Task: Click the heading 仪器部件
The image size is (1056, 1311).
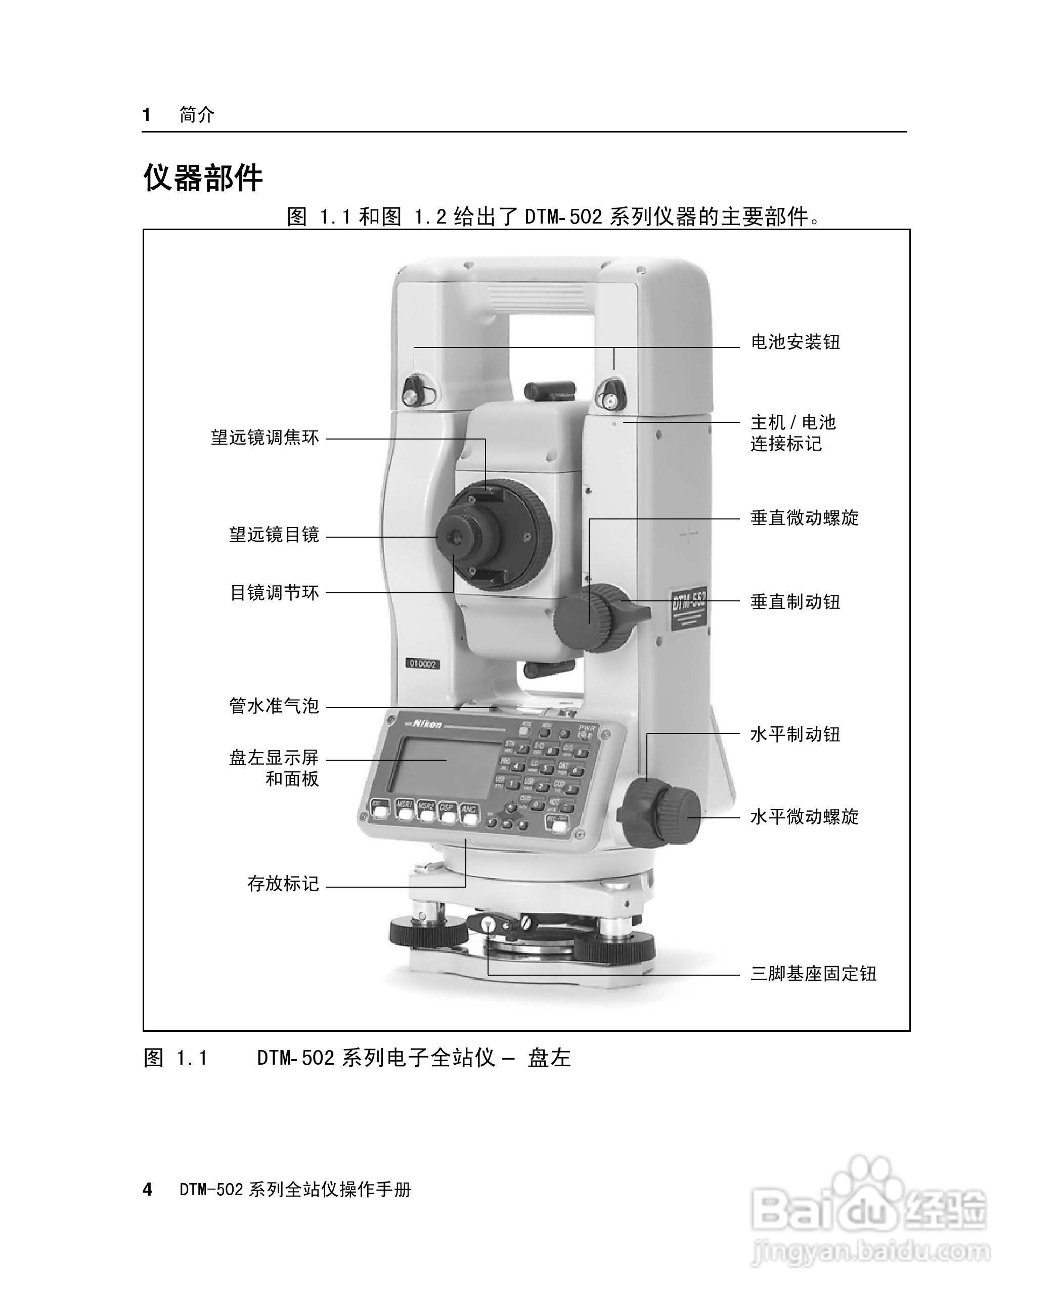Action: (x=203, y=178)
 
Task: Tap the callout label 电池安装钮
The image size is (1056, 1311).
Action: (x=795, y=342)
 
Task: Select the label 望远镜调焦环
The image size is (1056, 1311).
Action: (x=265, y=438)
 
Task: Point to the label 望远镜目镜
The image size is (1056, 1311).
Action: (x=274, y=535)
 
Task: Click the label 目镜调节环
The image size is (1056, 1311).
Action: (x=274, y=593)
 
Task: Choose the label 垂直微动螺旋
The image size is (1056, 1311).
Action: (x=804, y=518)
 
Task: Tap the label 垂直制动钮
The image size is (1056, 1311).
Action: (x=795, y=602)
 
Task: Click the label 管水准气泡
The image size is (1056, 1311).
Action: (x=274, y=706)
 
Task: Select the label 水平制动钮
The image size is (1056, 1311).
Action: (x=795, y=735)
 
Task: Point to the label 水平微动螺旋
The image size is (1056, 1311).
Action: (x=804, y=817)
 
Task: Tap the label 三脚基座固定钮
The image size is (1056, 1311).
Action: (x=813, y=974)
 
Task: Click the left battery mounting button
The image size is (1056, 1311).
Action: (x=413, y=394)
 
